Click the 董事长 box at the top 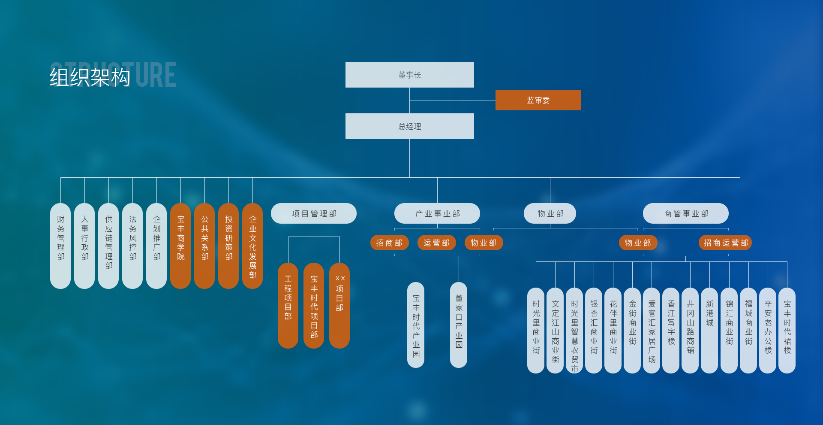click(x=410, y=75)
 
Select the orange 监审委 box click(x=538, y=100)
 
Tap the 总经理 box click(x=410, y=126)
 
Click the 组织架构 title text click(x=90, y=77)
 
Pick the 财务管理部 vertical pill click(x=60, y=246)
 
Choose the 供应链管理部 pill click(x=108, y=246)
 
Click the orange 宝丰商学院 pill click(x=180, y=246)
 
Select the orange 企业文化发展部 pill click(x=252, y=246)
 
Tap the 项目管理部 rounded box click(x=314, y=213)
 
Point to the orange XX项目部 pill click(x=339, y=306)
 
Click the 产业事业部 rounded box click(x=437, y=213)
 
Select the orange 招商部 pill click(x=390, y=243)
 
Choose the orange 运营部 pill click(x=437, y=243)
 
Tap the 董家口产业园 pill click(x=459, y=325)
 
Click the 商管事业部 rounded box click(x=686, y=213)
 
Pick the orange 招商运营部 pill click(x=725, y=243)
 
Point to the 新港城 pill click(x=709, y=331)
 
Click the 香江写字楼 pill click(x=671, y=331)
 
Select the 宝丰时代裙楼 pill click(x=787, y=331)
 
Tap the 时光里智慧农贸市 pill click(x=574, y=331)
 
